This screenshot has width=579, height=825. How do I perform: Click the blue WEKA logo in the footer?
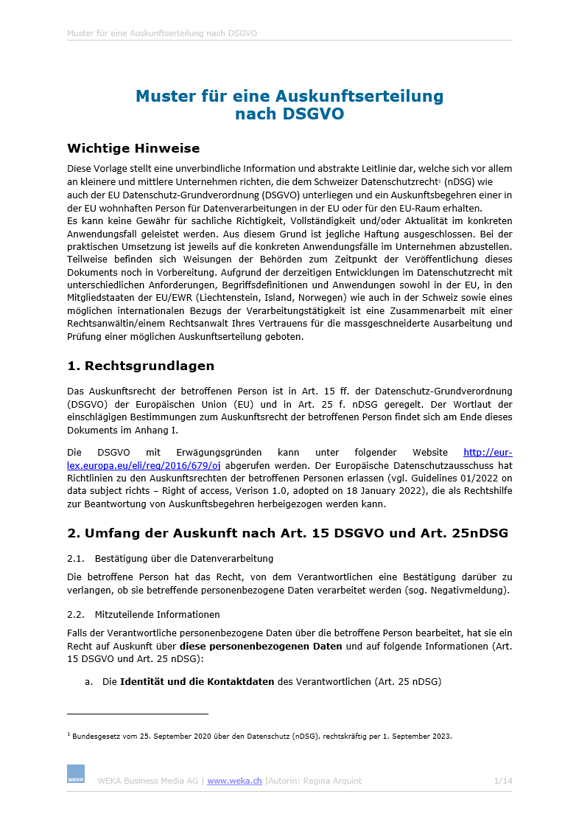pos(76,773)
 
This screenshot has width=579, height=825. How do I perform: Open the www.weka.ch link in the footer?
pos(234,781)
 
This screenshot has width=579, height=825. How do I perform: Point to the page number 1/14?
pos(502,781)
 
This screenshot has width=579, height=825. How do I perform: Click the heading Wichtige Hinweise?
pos(133,148)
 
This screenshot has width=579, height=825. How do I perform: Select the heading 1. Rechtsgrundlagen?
pos(141,366)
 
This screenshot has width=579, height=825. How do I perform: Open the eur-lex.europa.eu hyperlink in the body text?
pos(144,465)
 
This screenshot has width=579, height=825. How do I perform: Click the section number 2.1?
pos(76,558)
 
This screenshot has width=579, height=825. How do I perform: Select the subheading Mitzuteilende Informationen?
pos(157,614)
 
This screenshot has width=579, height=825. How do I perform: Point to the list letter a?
pos(88,682)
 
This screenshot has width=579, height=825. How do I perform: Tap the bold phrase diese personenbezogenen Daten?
pos(261,647)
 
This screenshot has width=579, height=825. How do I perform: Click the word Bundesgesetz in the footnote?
pos(93,736)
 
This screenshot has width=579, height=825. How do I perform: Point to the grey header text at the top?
pos(161,33)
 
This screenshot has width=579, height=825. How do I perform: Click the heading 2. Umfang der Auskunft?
pos(287,532)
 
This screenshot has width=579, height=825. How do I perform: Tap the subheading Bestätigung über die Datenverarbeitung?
pos(184,558)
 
